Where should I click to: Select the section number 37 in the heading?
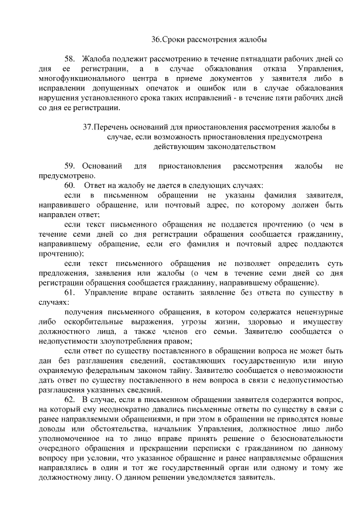click(x=87, y=127)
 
